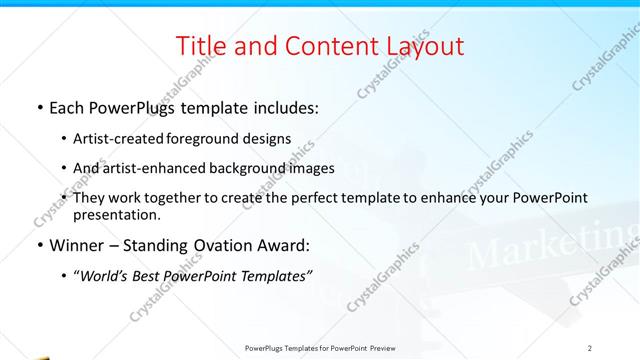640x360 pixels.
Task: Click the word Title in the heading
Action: (200, 46)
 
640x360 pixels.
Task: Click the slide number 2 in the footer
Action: (590, 347)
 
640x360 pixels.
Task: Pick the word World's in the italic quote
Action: (104, 274)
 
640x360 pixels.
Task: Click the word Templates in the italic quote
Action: (274, 274)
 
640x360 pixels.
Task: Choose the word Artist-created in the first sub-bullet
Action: (116, 139)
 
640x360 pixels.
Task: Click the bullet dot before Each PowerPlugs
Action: (38, 107)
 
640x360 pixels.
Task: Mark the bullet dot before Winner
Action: (38, 245)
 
